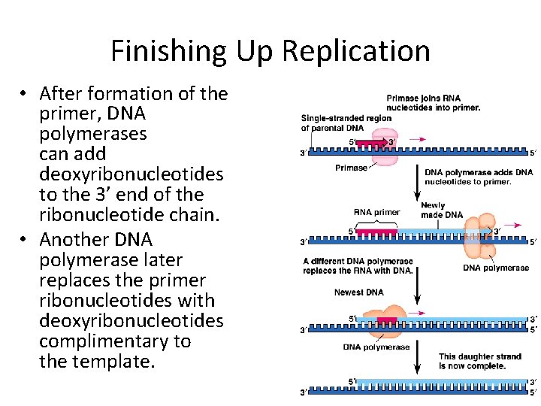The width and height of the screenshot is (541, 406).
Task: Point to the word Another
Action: coord(77,240)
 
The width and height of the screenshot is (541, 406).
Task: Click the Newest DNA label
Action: coord(358,292)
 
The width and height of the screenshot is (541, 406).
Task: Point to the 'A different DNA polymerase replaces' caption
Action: coord(358,266)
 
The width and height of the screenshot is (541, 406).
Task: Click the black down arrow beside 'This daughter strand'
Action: coord(416,359)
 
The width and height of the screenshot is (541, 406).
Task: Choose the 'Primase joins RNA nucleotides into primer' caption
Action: coord(433,103)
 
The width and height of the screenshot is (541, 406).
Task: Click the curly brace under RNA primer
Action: coord(376,223)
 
